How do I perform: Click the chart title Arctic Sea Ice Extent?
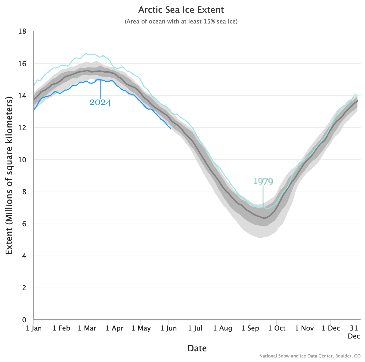(x=181, y=10)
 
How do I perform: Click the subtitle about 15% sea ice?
(x=181, y=21)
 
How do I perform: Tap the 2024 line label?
(x=100, y=102)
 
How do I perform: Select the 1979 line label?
(x=263, y=181)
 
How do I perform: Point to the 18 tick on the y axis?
(x=22, y=31)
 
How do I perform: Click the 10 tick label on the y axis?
(x=22, y=160)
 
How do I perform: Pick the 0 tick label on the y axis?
(x=24, y=320)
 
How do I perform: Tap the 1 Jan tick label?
(x=34, y=328)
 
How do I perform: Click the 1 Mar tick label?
(x=87, y=328)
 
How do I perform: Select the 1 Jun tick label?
(x=169, y=328)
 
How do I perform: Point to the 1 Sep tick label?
(x=250, y=328)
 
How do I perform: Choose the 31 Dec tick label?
(x=354, y=332)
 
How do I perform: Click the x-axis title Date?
(x=197, y=348)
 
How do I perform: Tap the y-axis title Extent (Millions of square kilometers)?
(x=9, y=175)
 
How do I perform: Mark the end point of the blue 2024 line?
(x=171, y=129)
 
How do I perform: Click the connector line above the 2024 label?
(x=100, y=89)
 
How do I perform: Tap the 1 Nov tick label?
(x=304, y=328)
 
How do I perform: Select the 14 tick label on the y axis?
(x=22, y=96)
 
